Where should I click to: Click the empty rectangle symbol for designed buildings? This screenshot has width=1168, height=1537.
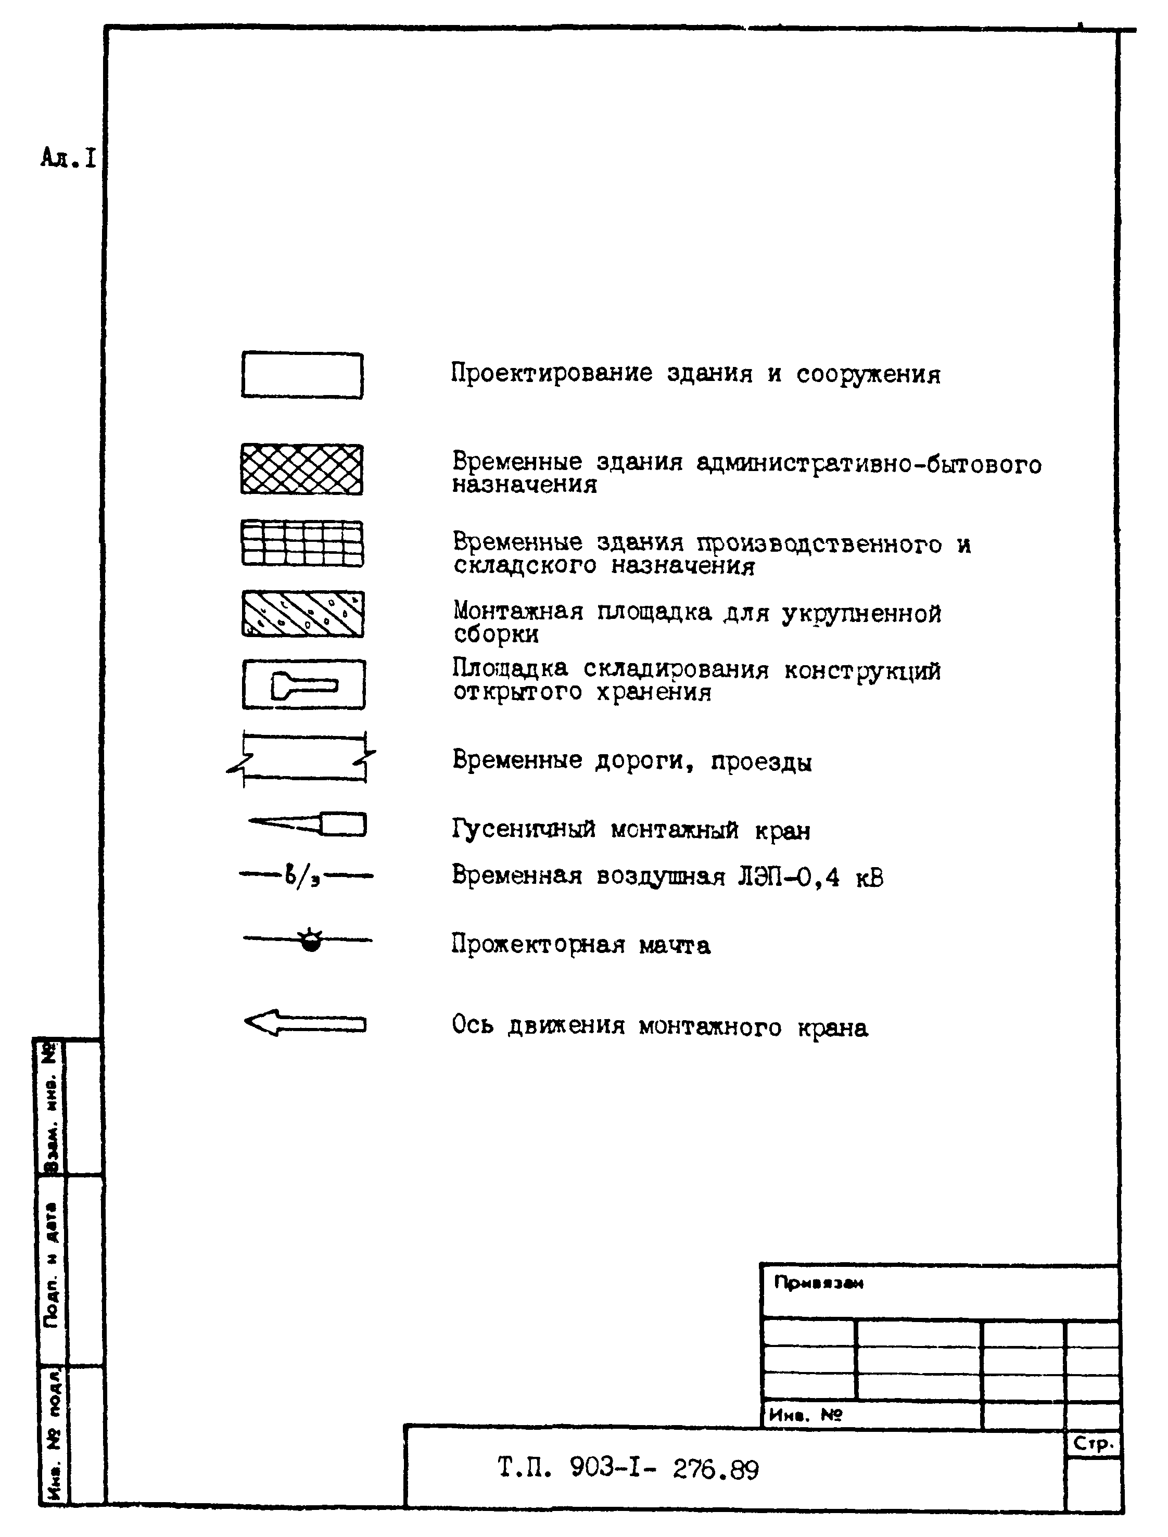pos(302,375)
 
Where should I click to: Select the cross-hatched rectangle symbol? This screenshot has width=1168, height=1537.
pos(302,469)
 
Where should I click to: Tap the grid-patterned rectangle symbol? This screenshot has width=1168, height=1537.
pos(302,543)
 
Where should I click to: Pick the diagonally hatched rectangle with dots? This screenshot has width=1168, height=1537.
pos(302,614)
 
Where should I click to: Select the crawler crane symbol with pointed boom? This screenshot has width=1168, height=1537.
pos(309,824)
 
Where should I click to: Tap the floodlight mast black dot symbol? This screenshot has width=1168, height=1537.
pos(311,942)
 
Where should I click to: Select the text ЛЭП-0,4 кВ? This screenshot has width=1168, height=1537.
pos(810,878)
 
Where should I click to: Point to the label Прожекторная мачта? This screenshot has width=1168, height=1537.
pos(580,945)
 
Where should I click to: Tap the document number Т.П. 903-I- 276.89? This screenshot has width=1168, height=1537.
pos(628,1469)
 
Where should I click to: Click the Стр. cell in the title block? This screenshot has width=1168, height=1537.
pos(1094,1444)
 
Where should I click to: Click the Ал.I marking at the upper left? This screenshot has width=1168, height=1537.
pos(68,159)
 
